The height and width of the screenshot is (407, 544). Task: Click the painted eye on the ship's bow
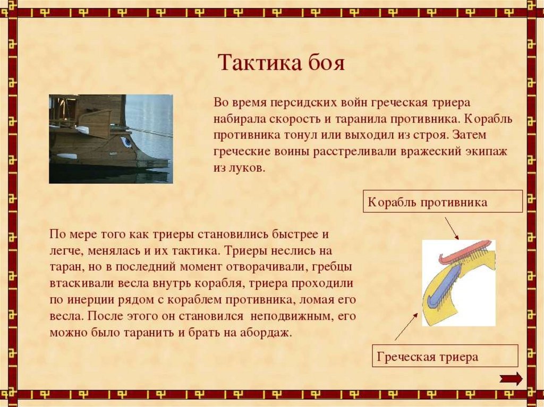[126, 142]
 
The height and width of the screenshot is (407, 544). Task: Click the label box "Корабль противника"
[443, 201]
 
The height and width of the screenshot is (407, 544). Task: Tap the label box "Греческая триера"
[445, 356]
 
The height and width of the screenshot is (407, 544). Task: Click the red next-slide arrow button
[511, 378]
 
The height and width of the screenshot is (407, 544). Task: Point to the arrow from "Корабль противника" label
[452, 229]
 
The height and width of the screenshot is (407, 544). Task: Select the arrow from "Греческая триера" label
[406, 326]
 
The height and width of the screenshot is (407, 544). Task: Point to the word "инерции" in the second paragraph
[92, 299]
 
